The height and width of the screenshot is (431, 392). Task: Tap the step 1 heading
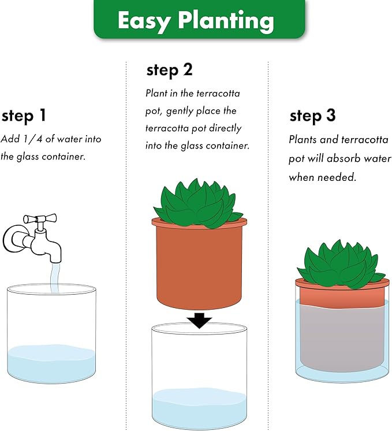(24, 116)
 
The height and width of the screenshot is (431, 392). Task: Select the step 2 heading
(169, 70)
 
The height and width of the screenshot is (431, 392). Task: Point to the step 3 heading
(312, 116)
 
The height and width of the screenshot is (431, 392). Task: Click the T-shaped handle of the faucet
(40, 220)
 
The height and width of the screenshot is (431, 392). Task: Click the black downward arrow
(199, 319)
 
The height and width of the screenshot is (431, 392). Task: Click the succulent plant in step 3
(341, 263)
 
